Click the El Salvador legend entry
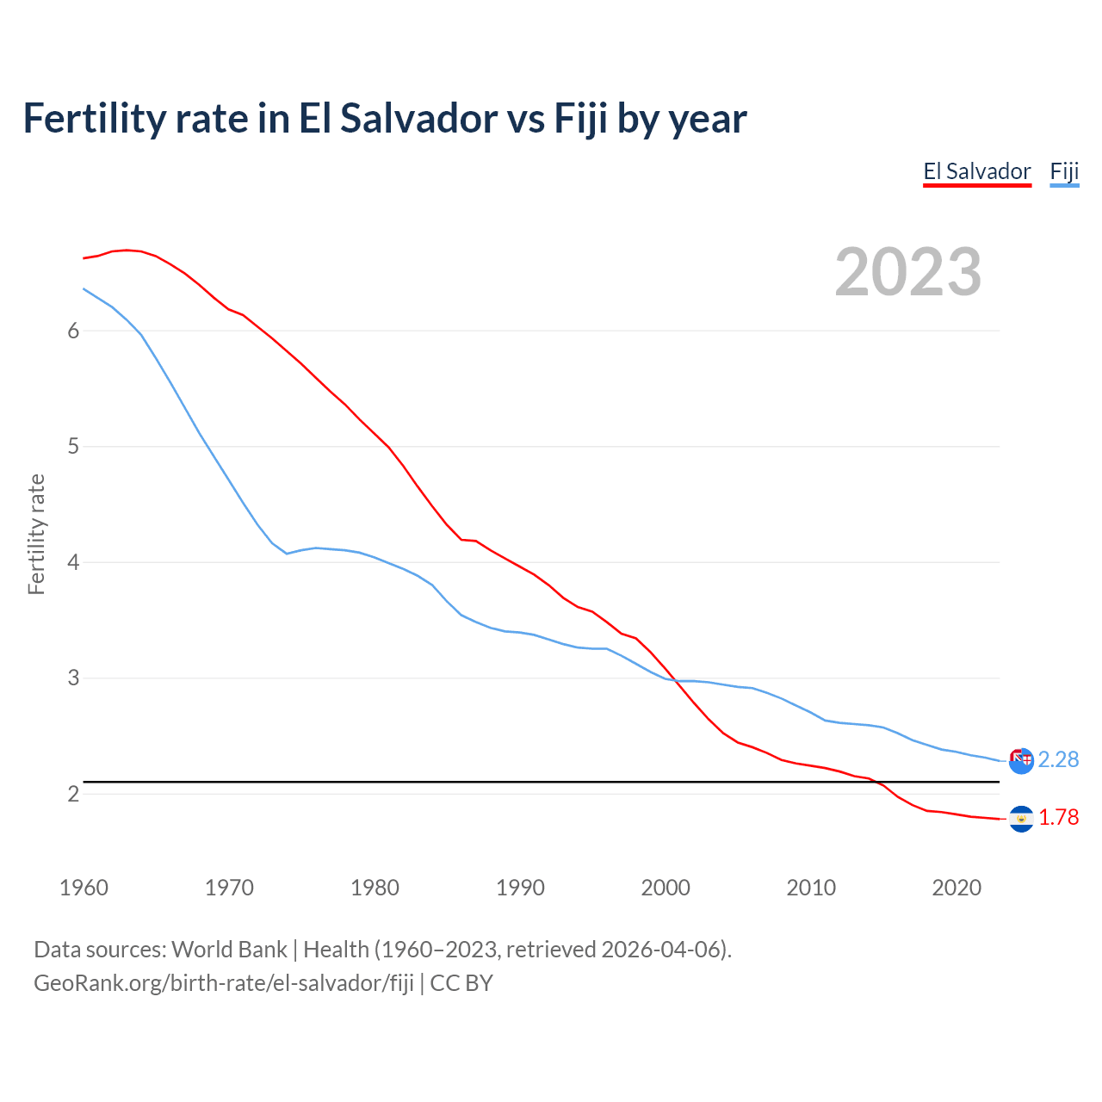coord(977,171)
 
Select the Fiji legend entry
coord(1064,171)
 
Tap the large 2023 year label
coord(907,272)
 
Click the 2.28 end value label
coord(1058,759)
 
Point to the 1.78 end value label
coord(1058,817)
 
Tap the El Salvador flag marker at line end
coord(1021,819)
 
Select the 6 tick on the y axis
coord(73,331)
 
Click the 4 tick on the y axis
coord(73,563)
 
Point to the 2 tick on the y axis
coord(73,794)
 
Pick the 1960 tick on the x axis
coord(84,888)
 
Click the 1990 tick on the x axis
coord(520,888)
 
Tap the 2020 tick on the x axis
coord(957,888)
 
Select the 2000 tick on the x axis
coord(666,888)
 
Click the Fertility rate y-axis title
coord(36,534)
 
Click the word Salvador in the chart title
coord(420,118)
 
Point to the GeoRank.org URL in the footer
coord(224,983)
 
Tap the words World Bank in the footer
coord(229,950)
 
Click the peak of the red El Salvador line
coord(127,250)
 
